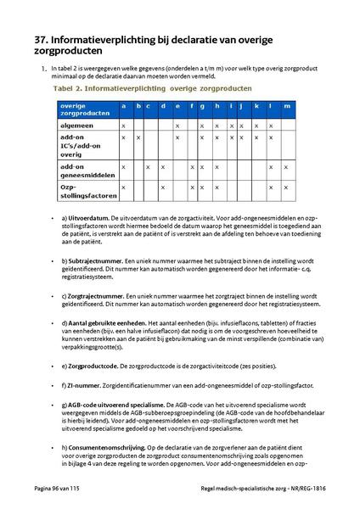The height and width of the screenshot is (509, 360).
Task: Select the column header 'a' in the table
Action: [x=124, y=106]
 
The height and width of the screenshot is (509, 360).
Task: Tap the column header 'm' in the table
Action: [x=285, y=106]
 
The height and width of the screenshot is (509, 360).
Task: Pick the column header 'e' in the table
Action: [x=177, y=106]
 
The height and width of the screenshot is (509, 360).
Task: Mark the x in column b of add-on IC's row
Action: [x=138, y=137]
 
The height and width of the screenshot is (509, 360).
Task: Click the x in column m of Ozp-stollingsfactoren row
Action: [x=285, y=187]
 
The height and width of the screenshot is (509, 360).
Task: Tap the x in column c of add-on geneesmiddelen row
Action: [x=149, y=166]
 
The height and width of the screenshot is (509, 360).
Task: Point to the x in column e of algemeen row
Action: [x=177, y=125]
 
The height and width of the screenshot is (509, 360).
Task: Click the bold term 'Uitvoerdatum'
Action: [x=91, y=220]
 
